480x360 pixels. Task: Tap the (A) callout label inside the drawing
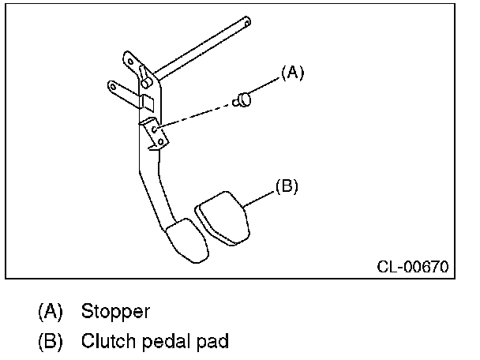(292, 73)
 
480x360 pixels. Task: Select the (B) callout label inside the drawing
(286, 187)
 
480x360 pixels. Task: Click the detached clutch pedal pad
(223, 218)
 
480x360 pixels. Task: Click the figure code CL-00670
(411, 267)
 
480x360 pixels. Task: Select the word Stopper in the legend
(115, 311)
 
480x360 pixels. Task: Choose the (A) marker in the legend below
(50, 311)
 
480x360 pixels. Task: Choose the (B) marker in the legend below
(50, 342)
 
